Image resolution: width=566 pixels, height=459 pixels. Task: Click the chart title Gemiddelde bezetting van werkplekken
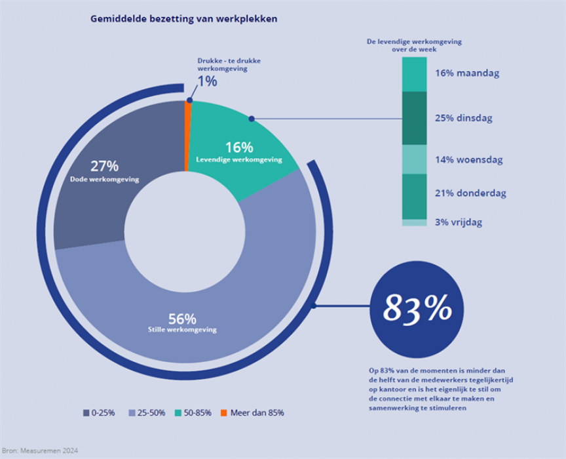[183, 19]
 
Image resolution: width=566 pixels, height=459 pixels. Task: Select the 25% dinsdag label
[463, 119]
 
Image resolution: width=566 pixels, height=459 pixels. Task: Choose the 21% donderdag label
[470, 193]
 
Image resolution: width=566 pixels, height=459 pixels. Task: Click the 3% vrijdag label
[459, 222]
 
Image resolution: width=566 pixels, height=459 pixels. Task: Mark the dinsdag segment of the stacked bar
[414, 117]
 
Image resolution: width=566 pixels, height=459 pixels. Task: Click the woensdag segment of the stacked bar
[414, 159]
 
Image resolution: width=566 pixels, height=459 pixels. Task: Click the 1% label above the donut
[207, 81]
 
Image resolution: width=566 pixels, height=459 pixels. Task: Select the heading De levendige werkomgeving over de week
[413, 45]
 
